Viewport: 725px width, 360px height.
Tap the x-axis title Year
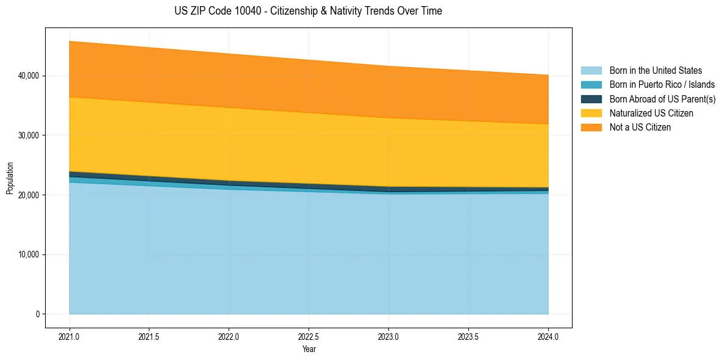tap(309, 350)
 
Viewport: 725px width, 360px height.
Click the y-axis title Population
tap(10, 178)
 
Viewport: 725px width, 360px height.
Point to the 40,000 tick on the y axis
tap(29, 76)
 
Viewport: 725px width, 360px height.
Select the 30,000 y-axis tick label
tap(29, 135)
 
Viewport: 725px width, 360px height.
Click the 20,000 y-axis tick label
tap(29, 195)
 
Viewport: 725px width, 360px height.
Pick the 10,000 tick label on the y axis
tap(29, 254)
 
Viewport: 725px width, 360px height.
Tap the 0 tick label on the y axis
tap(37, 314)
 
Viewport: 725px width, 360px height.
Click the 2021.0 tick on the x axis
tap(70, 336)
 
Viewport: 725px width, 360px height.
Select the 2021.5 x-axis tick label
tap(149, 336)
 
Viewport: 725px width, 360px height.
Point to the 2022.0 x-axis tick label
tap(229, 336)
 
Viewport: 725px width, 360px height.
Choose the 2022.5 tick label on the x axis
tap(309, 336)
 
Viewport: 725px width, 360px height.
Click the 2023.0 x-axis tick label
tap(388, 336)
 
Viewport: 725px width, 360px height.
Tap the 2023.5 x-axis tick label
tap(468, 336)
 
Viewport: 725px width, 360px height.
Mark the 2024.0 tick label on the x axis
tap(548, 336)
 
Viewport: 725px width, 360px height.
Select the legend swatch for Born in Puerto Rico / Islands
tap(591, 85)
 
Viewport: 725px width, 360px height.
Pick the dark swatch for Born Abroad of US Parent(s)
tap(591, 99)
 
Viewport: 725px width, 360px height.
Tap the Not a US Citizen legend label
tap(640, 128)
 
